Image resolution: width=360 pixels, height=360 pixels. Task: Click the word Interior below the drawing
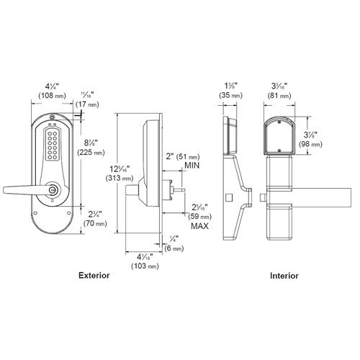pyautogui.click(x=284, y=276)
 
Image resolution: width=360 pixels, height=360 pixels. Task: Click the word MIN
pyautogui.click(x=192, y=166)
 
